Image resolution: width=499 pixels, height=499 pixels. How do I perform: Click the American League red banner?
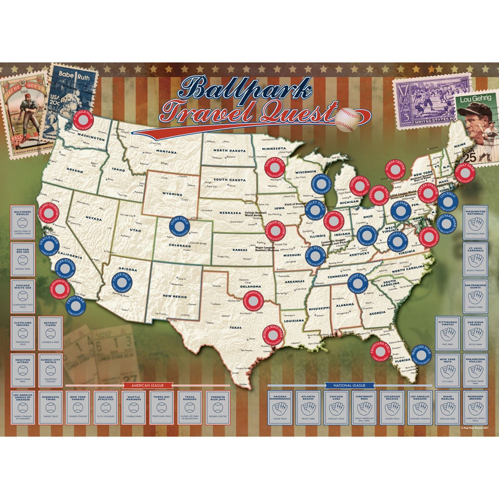point(148,385)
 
